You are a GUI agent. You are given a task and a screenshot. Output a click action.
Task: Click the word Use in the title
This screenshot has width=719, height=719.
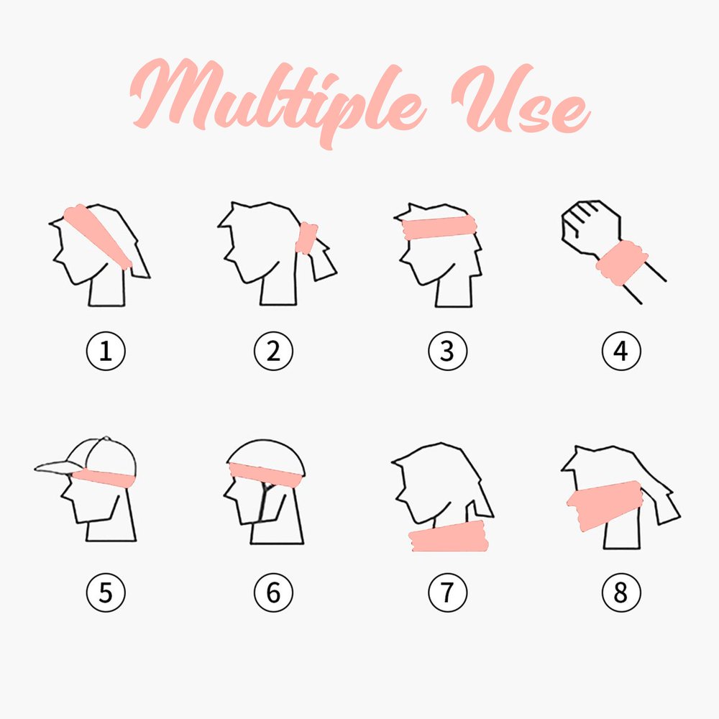pos(521,99)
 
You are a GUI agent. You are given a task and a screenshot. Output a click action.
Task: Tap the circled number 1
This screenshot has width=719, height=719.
pos(106,352)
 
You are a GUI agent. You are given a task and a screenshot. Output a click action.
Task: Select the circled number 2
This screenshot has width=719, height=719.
pos(273,352)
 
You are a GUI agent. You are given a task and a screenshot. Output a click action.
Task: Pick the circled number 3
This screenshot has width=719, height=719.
pos(447,352)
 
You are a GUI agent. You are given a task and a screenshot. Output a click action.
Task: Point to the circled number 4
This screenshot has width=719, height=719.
pos(621,352)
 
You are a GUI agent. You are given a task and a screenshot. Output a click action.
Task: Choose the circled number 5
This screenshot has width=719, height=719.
pos(106,592)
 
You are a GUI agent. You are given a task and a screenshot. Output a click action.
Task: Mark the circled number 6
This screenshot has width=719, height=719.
pos(273,592)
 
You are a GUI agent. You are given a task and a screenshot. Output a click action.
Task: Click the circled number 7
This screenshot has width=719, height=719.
pos(447,592)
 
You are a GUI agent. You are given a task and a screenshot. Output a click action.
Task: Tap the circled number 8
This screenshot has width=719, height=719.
pos(621,592)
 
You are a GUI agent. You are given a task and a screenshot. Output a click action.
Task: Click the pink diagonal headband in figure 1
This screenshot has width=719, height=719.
pos(97,235)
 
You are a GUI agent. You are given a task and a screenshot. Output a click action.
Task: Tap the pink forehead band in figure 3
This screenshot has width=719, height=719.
pos(439,227)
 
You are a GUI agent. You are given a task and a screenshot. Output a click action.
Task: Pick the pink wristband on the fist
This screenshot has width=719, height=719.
pos(621,263)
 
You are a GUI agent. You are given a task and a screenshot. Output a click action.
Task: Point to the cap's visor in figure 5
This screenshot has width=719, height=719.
pos(59,468)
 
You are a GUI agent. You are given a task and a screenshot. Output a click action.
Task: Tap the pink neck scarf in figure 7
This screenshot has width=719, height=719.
pos(449,536)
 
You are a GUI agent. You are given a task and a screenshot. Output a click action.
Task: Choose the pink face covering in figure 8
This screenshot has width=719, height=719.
pos(605,505)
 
